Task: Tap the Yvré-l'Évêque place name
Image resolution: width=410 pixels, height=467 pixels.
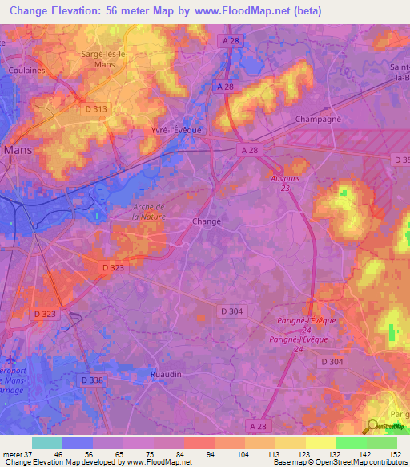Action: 173,129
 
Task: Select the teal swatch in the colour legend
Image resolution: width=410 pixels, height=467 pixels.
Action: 47,442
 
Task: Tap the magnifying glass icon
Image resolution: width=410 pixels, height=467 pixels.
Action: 373,426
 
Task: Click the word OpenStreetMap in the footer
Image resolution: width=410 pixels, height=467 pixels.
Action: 332,462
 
